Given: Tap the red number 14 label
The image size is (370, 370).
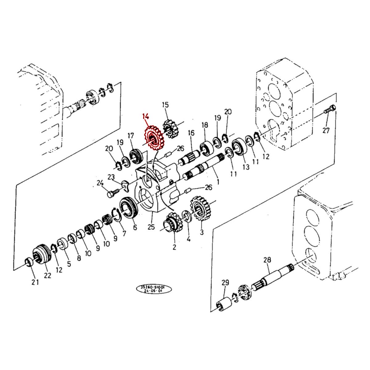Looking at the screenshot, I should [146, 117].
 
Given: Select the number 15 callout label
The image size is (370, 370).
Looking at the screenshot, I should [165, 105].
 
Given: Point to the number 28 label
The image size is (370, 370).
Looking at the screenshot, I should [267, 260].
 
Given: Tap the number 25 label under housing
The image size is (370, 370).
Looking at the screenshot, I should [151, 227].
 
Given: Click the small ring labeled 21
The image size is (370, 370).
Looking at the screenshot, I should [29, 262].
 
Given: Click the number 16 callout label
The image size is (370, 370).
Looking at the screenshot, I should [191, 133].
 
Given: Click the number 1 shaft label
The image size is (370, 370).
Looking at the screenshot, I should [218, 182].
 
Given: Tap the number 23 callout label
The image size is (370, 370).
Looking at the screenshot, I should [111, 177].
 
